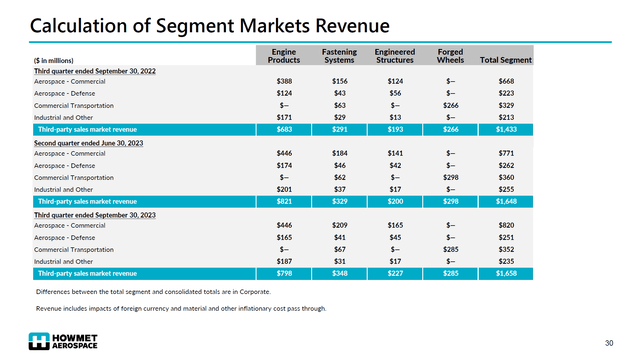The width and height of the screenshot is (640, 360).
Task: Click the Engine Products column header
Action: pos(284,55)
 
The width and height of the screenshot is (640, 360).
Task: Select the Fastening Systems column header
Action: pos(340,55)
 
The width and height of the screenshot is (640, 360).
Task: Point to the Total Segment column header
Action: pos(506,60)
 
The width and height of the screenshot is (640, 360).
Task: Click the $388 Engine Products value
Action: pos(284,81)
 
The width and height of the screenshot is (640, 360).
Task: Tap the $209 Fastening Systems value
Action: pos(340,226)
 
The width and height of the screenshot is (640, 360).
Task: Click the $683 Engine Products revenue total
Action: pos(284,130)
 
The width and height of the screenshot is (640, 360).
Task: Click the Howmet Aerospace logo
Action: pos(62,340)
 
